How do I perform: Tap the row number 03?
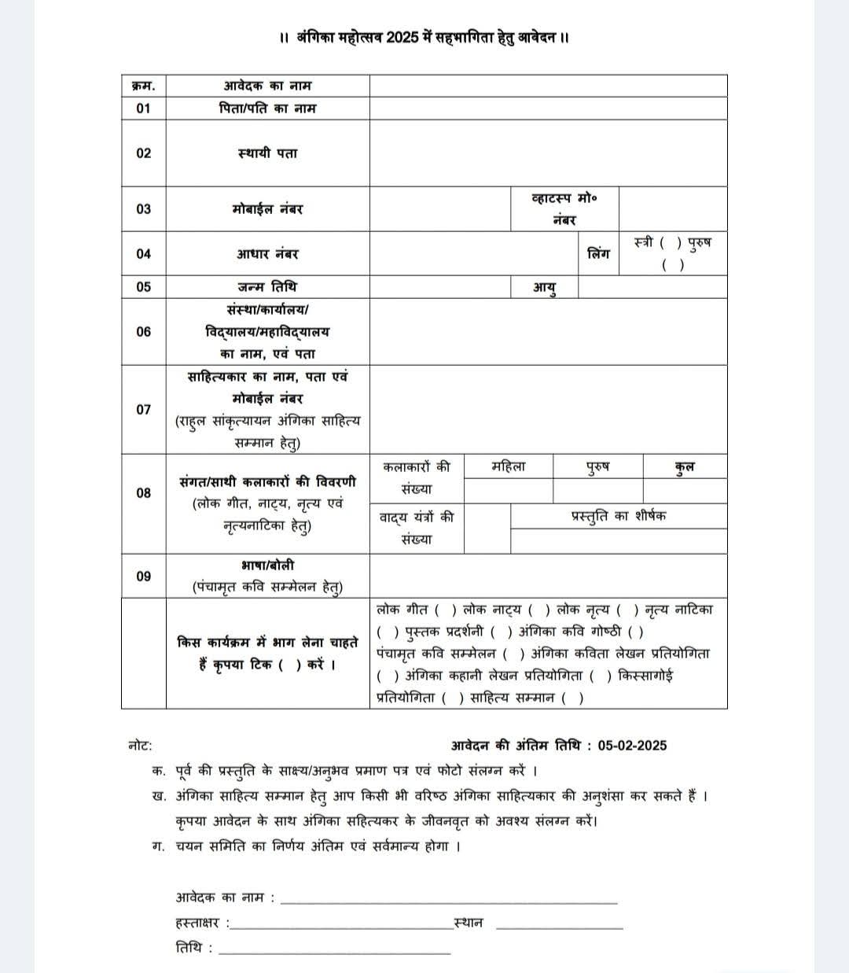pyautogui.click(x=143, y=209)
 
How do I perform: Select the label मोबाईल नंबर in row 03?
pyautogui.click(x=267, y=209)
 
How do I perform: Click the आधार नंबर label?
pyautogui.click(x=267, y=254)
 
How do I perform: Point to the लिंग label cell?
pyautogui.click(x=598, y=254)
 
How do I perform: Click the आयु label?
pyautogui.click(x=545, y=288)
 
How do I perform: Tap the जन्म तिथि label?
pyautogui.click(x=267, y=287)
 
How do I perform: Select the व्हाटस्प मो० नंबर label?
pyautogui.click(x=564, y=209)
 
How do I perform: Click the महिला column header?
pyautogui.click(x=508, y=466)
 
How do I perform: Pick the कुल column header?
pyautogui.click(x=685, y=466)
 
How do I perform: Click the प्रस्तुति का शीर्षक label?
pyautogui.click(x=618, y=516)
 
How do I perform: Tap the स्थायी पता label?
pyautogui.click(x=267, y=153)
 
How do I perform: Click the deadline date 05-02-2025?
pyautogui.click(x=632, y=745)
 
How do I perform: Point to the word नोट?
pyautogui.click(x=140, y=745)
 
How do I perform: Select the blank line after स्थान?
pyautogui.click(x=560, y=927)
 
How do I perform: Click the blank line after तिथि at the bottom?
pyautogui.click(x=335, y=953)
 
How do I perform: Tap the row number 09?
pyautogui.click(x=143, y=577)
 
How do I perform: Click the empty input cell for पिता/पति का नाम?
pyautogui.click(x=548, y=109)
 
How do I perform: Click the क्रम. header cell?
pyautogui.click(x=143, y=86)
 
